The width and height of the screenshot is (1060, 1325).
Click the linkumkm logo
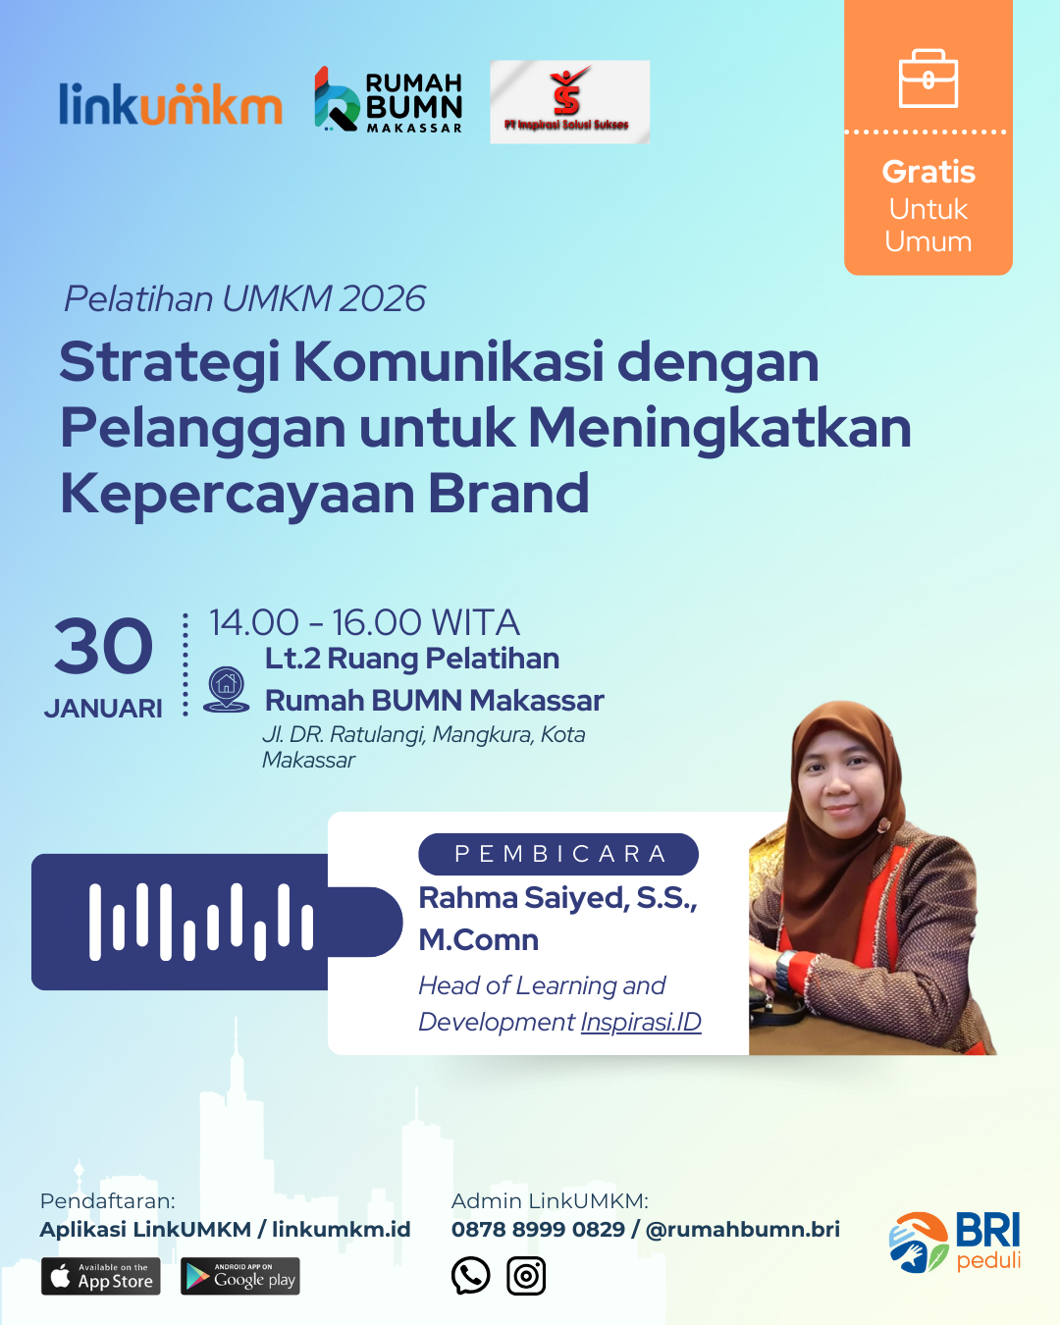pos(171,104)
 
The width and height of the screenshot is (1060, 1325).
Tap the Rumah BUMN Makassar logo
pos(388,100)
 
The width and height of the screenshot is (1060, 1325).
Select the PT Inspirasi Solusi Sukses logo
pos(569,102)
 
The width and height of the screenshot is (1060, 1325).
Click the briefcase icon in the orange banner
pos(928,79)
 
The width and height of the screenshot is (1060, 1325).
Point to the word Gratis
pos(928,172)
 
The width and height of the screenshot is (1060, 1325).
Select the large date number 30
pos(103,647)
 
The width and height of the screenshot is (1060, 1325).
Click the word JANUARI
pos(103,709)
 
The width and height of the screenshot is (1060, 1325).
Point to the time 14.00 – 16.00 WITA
pos(365,622)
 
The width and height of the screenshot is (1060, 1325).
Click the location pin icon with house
pos(227,690)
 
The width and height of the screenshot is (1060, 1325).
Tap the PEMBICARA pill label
pos(558,854)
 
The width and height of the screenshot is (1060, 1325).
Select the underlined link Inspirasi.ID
pos(641,1022)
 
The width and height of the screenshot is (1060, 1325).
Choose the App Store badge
pos(101,1276)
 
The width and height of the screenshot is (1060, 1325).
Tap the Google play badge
pos(240,1276)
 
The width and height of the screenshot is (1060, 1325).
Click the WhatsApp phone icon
pos(470,1275)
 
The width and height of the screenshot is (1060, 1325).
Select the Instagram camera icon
pos(526,1276)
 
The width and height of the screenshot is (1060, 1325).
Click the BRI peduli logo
pos(955,1242)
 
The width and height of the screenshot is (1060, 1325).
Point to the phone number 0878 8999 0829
pos(538,1229)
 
